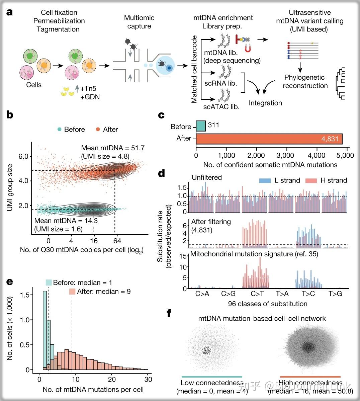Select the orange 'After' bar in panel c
[269, 139]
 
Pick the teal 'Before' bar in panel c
[201, 126]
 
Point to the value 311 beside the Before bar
[213, 125]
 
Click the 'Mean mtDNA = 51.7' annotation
[113, 148]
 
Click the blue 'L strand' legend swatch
[265, 181]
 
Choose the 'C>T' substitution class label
[257, 294]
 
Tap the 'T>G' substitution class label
[335, 294]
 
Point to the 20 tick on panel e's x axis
[112, 380]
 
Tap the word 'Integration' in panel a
[265, 103]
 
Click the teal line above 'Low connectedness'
[212, 377]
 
